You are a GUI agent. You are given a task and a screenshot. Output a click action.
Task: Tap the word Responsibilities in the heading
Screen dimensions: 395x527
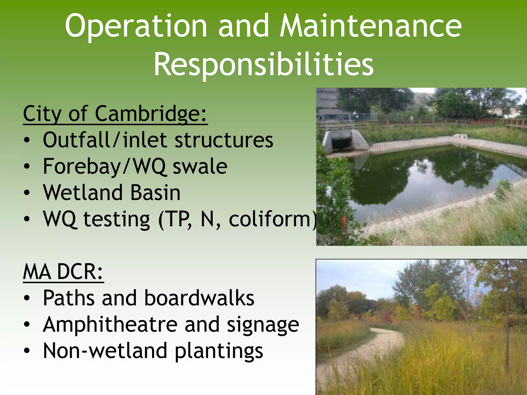pyautogui.click(x=263, y=64)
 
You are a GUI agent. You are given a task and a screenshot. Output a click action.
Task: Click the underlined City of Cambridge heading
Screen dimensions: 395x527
pyautogui.click(x=115, y=114)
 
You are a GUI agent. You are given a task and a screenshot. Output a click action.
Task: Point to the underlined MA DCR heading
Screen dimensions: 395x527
pyautogui.click(x=63, y=272)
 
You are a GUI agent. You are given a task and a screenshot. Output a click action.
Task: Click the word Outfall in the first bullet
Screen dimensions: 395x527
pyautogui.click(x=76, y=140)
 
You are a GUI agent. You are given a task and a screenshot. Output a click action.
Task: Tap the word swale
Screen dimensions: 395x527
pyautogui.click(x=200, y=167)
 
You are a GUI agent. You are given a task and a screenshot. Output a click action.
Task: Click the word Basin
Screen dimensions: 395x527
pyautogui.click(x=155, y=193)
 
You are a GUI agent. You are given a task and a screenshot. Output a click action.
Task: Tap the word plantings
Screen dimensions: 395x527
pyautogui.click(x=219, y=351)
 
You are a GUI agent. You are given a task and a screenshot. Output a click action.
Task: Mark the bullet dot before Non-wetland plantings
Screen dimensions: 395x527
pyautogui.click(x=27, y=351)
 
